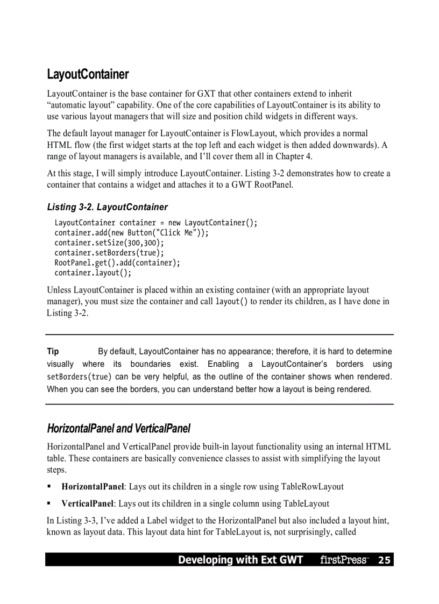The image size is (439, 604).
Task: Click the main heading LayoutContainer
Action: (x=88, y=74)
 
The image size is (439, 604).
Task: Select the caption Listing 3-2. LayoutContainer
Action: (x=107, y=207)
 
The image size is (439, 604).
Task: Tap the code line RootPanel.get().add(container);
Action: (x=117, y=262)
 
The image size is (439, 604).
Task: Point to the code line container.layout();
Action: (x=93, y=273)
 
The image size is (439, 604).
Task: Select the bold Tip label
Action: (x=53, y=352)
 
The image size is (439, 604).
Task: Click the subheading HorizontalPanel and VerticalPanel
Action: (x=118, y=429)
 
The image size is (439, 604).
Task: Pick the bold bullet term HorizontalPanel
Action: (x=93, y=487)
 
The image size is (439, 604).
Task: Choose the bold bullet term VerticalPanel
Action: (x=87, y=504)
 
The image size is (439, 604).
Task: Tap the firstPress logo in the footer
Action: (x=344, y=560)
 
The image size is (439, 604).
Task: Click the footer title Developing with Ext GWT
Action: (x=240, y=560)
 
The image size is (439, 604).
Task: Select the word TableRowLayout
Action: (x=312, y=487)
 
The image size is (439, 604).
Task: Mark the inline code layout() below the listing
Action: (x=231, y=302)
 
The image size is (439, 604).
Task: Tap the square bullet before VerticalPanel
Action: (x=49, y=504)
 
